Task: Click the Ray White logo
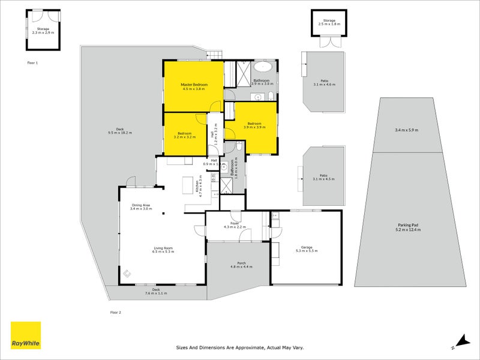pos(26,335)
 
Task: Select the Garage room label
pos(307,249)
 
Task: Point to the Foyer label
pos(235,224)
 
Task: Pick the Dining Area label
pos(142,208)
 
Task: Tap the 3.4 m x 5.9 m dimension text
pos(406,130)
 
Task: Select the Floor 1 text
pos(32,62)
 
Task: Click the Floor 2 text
pos(116,313)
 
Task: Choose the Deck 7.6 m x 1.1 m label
pos(156,292)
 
